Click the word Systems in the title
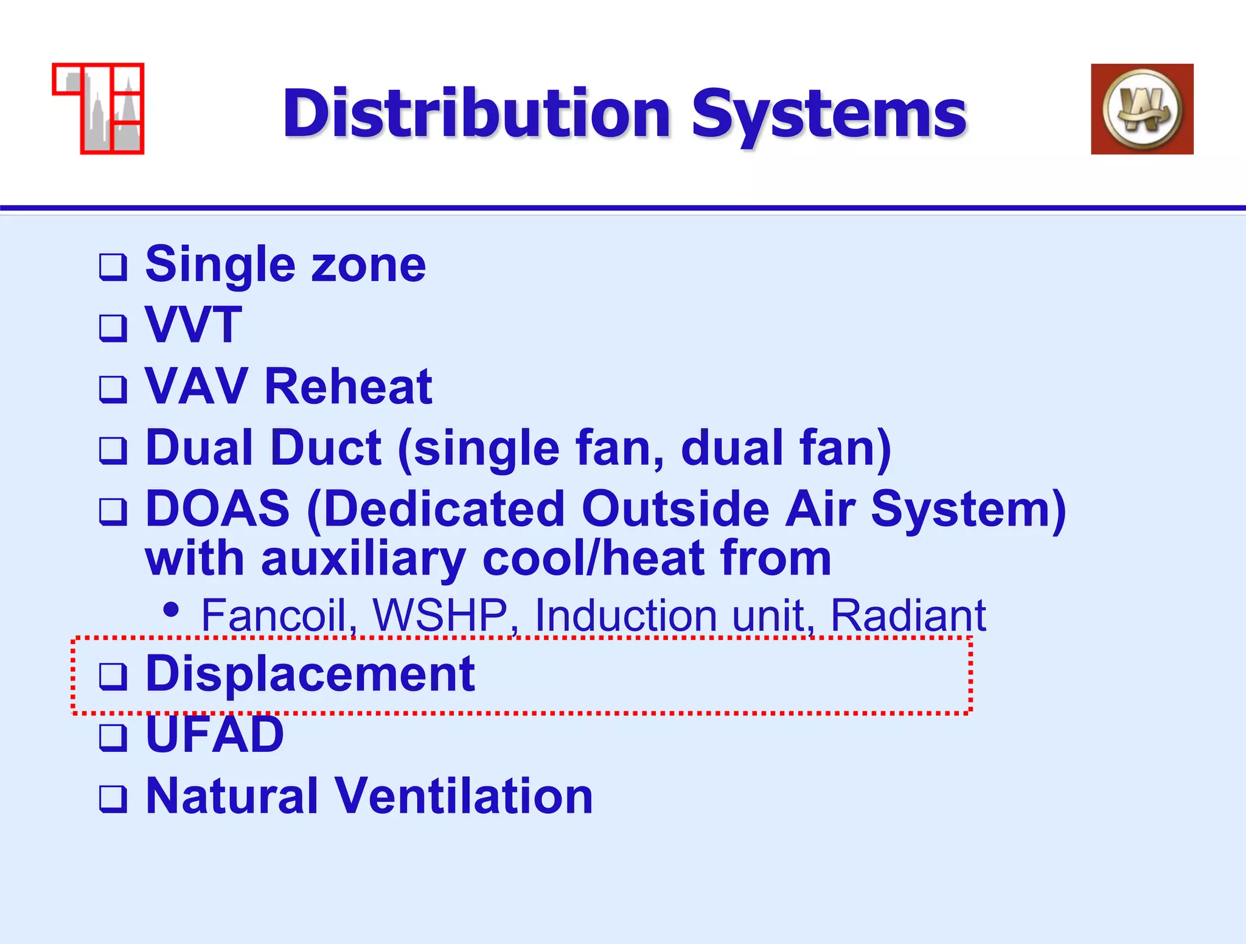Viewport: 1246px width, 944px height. [x=829, y=114]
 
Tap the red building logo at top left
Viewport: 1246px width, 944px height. [x=99, y=108]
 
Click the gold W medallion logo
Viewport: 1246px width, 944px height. [x=1142, y=109]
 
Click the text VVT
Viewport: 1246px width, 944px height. [x=193, y=325]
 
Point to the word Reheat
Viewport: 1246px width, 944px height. [x=348, y=387]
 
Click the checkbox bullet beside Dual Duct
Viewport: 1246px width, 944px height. [x=113, y=451]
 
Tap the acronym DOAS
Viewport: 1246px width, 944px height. [x=217, y=508]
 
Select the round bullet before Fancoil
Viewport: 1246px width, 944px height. [x=172, y=609]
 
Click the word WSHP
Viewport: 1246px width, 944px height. [x=440, y=616]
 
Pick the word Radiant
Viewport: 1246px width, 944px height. [x=908, y=616]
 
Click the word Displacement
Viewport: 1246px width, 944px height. [x=310, y=674]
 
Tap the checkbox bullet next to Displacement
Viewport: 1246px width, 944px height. [x=113, y=676]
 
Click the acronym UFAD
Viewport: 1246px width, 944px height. [x=215, y=735]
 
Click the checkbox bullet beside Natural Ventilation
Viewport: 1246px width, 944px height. [x=113, y=799]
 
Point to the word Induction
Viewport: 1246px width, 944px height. [x=625, y=616]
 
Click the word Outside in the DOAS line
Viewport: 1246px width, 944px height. [x=675, y=508]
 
